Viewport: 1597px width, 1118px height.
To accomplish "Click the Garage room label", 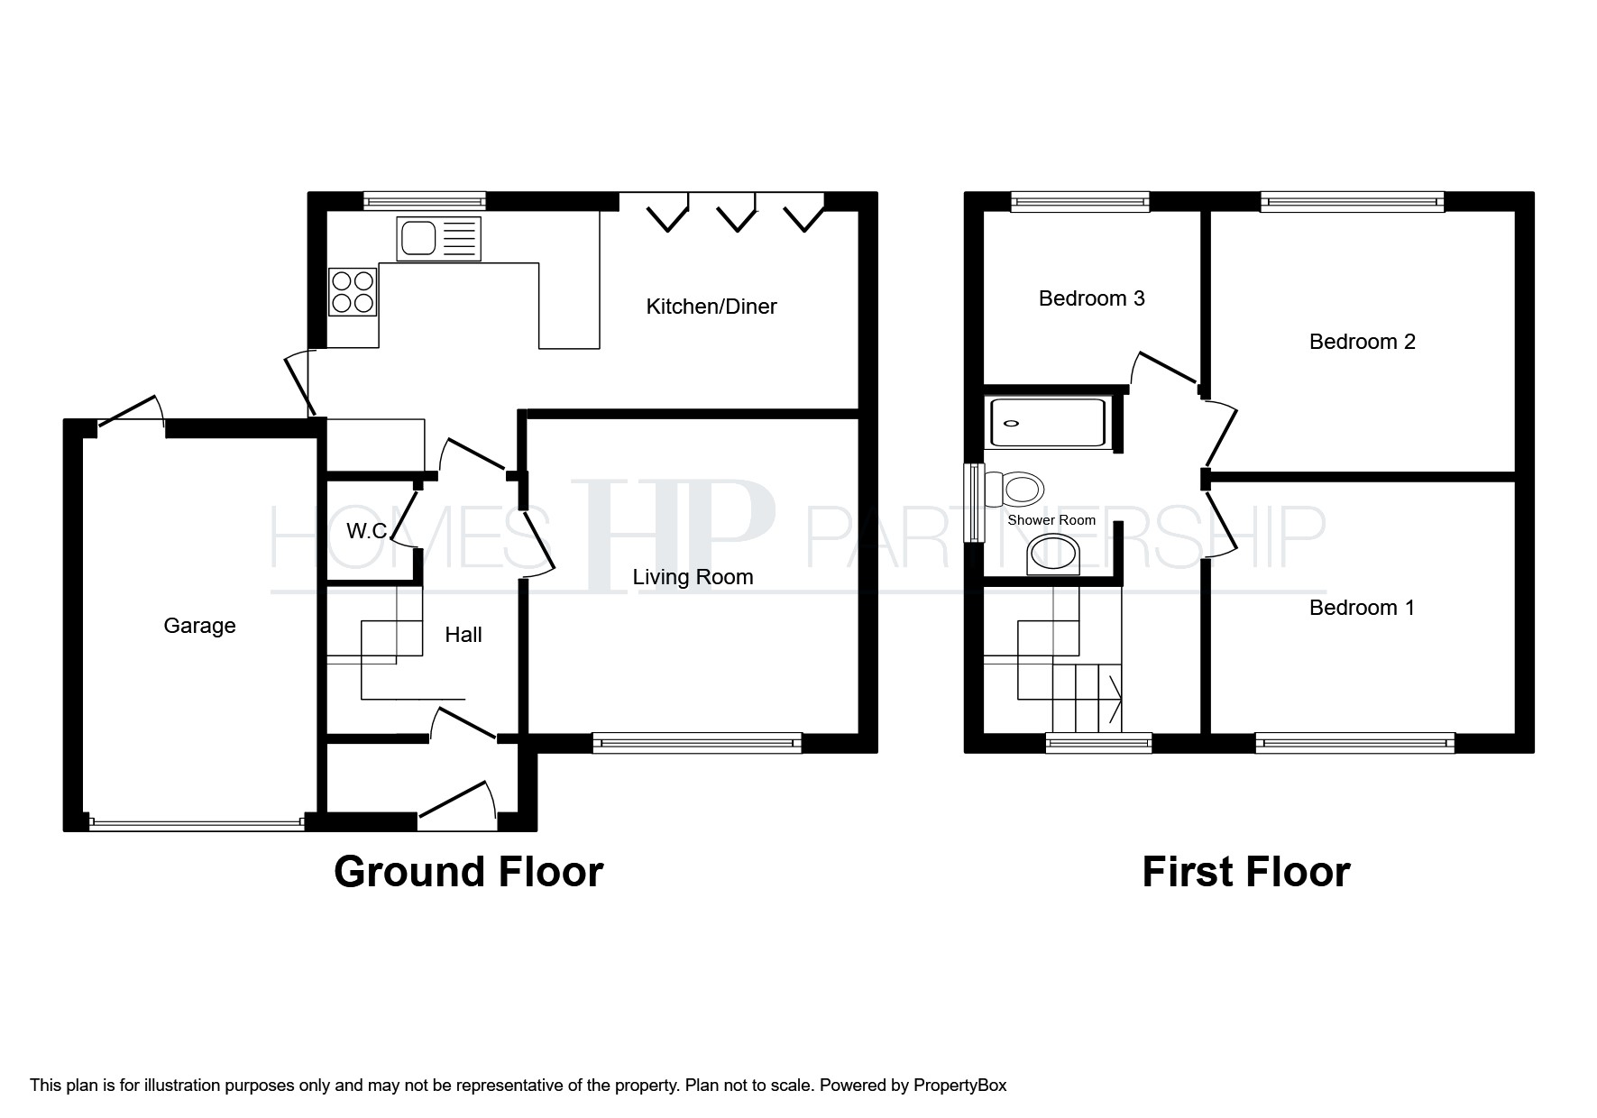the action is (x=199, y=626).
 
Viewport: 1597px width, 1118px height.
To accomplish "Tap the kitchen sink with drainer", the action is (x=438, y=239).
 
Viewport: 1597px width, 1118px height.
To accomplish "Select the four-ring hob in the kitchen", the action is (x=353, y=292).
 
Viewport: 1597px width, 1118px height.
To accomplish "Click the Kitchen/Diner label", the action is (x=711, y=307).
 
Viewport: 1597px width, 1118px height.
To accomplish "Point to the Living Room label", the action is (x=693, y=577).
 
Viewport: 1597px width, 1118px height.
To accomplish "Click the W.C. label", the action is (x=367, y=532).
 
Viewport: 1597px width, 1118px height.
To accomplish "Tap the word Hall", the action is (x=463, y=635).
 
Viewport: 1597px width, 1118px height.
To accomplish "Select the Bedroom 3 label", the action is (x=1092, y=298).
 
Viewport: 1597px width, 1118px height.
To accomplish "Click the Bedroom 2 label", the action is (x=1363, y=342).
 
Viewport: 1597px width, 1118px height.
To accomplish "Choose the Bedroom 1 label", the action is (x=1362, y=608).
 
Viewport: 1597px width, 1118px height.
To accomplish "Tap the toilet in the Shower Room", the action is (x=1015, y=490).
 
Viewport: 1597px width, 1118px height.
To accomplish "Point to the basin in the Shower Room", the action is (x=1054, y=554).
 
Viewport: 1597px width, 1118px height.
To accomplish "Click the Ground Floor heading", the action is (x=468, y=872).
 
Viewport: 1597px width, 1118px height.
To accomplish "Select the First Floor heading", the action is (x=1246, y=872).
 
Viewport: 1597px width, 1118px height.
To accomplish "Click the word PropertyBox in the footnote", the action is (x=959, y=1086).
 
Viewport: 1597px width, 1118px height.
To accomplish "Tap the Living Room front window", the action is (x=697, y=743).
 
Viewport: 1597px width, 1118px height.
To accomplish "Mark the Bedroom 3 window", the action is (x=1080, y=201).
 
